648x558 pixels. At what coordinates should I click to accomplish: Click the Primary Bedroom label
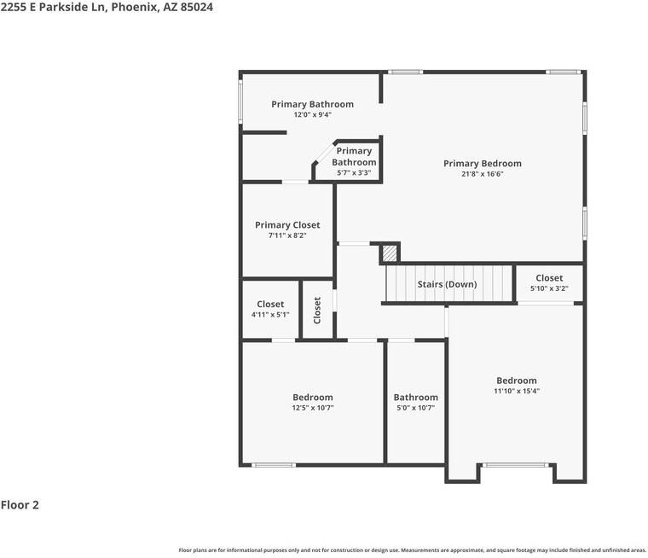coord(482,164)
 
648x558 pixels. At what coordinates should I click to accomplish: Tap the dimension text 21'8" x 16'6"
coord(482,175)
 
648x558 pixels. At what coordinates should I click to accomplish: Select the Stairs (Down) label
coord(447,284)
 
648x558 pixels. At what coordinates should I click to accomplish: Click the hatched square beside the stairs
coord(389,253)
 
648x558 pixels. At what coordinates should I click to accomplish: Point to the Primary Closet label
coord(287,225)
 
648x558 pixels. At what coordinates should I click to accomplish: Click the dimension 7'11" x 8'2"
coord(287,235)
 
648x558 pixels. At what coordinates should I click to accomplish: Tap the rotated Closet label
coord(317,310)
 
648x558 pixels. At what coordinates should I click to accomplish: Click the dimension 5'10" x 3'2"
coord(549,288)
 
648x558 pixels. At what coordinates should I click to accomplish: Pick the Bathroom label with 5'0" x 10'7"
coord(415,398)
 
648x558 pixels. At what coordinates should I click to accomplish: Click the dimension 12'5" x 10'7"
coord(312,408)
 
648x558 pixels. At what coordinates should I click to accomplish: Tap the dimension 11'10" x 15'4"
coord(517,392)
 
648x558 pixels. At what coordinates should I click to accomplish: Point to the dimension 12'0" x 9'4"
coord(312,114)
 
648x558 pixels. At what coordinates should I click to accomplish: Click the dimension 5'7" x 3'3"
coord(353,172)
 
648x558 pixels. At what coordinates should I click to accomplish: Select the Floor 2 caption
coord(20,505)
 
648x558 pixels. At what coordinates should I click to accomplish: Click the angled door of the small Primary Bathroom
coord(323,154)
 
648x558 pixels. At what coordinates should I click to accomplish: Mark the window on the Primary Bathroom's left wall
coord(241,101)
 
